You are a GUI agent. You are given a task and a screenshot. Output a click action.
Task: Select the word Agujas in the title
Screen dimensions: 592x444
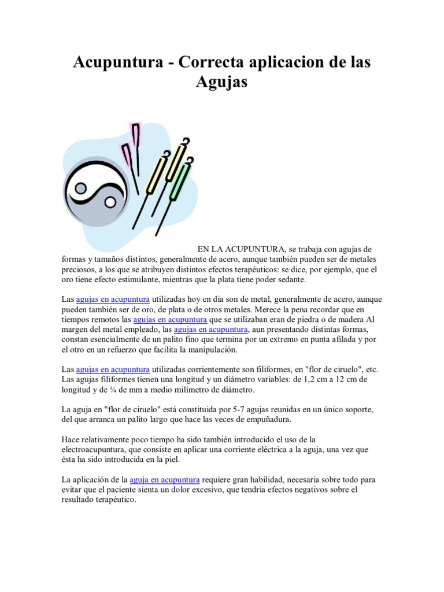221,82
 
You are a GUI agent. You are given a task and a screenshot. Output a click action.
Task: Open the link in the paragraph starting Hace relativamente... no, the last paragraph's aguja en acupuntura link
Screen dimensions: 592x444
165,480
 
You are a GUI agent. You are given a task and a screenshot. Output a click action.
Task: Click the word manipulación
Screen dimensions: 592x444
209,350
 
